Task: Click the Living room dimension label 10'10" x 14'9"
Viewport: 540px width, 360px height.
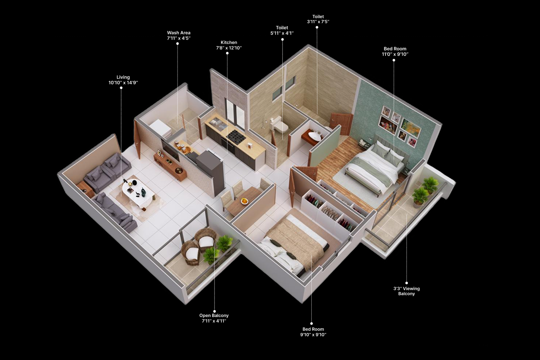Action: pos(123,80)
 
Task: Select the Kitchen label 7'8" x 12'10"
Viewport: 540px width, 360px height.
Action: pos(229,45)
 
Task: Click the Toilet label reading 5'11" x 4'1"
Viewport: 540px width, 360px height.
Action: pos(282,30)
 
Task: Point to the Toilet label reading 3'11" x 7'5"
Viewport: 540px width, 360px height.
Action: pos(318,19)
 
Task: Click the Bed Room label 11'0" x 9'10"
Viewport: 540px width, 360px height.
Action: pos(395,51)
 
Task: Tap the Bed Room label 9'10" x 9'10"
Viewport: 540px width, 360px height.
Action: pos(313,332)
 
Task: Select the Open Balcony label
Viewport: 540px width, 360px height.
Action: pos(214,318)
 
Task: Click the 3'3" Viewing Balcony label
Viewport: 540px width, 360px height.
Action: pos(406,291)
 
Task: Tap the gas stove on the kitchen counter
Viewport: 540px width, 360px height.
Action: pos(236,135)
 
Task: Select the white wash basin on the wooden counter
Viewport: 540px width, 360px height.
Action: pos(314,135)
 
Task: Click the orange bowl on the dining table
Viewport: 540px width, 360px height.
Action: pos(244,201)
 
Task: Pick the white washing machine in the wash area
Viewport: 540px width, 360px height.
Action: pos(161,129)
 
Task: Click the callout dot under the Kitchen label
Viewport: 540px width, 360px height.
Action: pos(227,53)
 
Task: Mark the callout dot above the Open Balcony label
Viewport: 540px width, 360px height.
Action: pos(214,311)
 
